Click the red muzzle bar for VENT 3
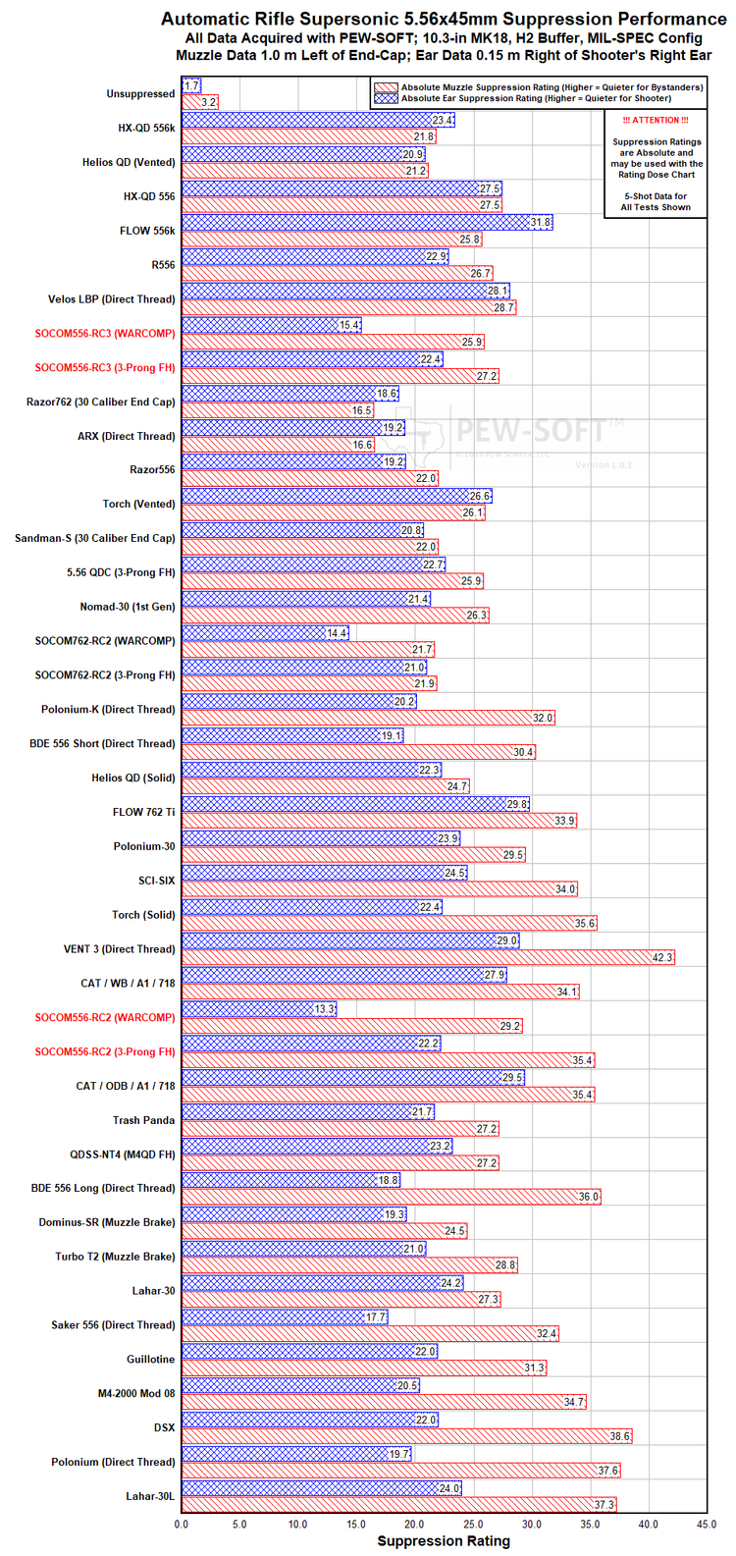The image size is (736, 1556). tap(428, 957)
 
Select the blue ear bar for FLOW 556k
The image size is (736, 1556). tap(367, 222)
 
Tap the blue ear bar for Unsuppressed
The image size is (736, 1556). tap(191, 85)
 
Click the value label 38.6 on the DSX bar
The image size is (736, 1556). tap(620, 1436)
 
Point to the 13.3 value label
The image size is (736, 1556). tap(324, 1008)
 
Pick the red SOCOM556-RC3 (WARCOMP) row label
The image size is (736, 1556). tap(105, 334)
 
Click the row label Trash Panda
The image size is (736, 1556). tap(143, 1120)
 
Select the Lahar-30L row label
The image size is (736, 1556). tap(150, 1495)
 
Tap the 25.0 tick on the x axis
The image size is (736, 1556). tap(474, 1524)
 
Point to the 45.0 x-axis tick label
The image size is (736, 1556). tap(707, 1524)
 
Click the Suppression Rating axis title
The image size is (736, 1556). tap(444, 1540)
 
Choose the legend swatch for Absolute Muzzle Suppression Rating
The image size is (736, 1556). tap(386, 87)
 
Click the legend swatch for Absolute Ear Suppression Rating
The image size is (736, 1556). tap(386, 98)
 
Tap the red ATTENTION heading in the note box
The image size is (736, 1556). tap(656, 120)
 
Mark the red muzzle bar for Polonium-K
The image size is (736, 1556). tap(369, 718)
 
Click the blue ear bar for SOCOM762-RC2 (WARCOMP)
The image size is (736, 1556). tap(265, 633)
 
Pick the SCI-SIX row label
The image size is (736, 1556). tap(157, 881)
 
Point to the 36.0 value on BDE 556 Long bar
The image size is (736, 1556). tap(589, 1197)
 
